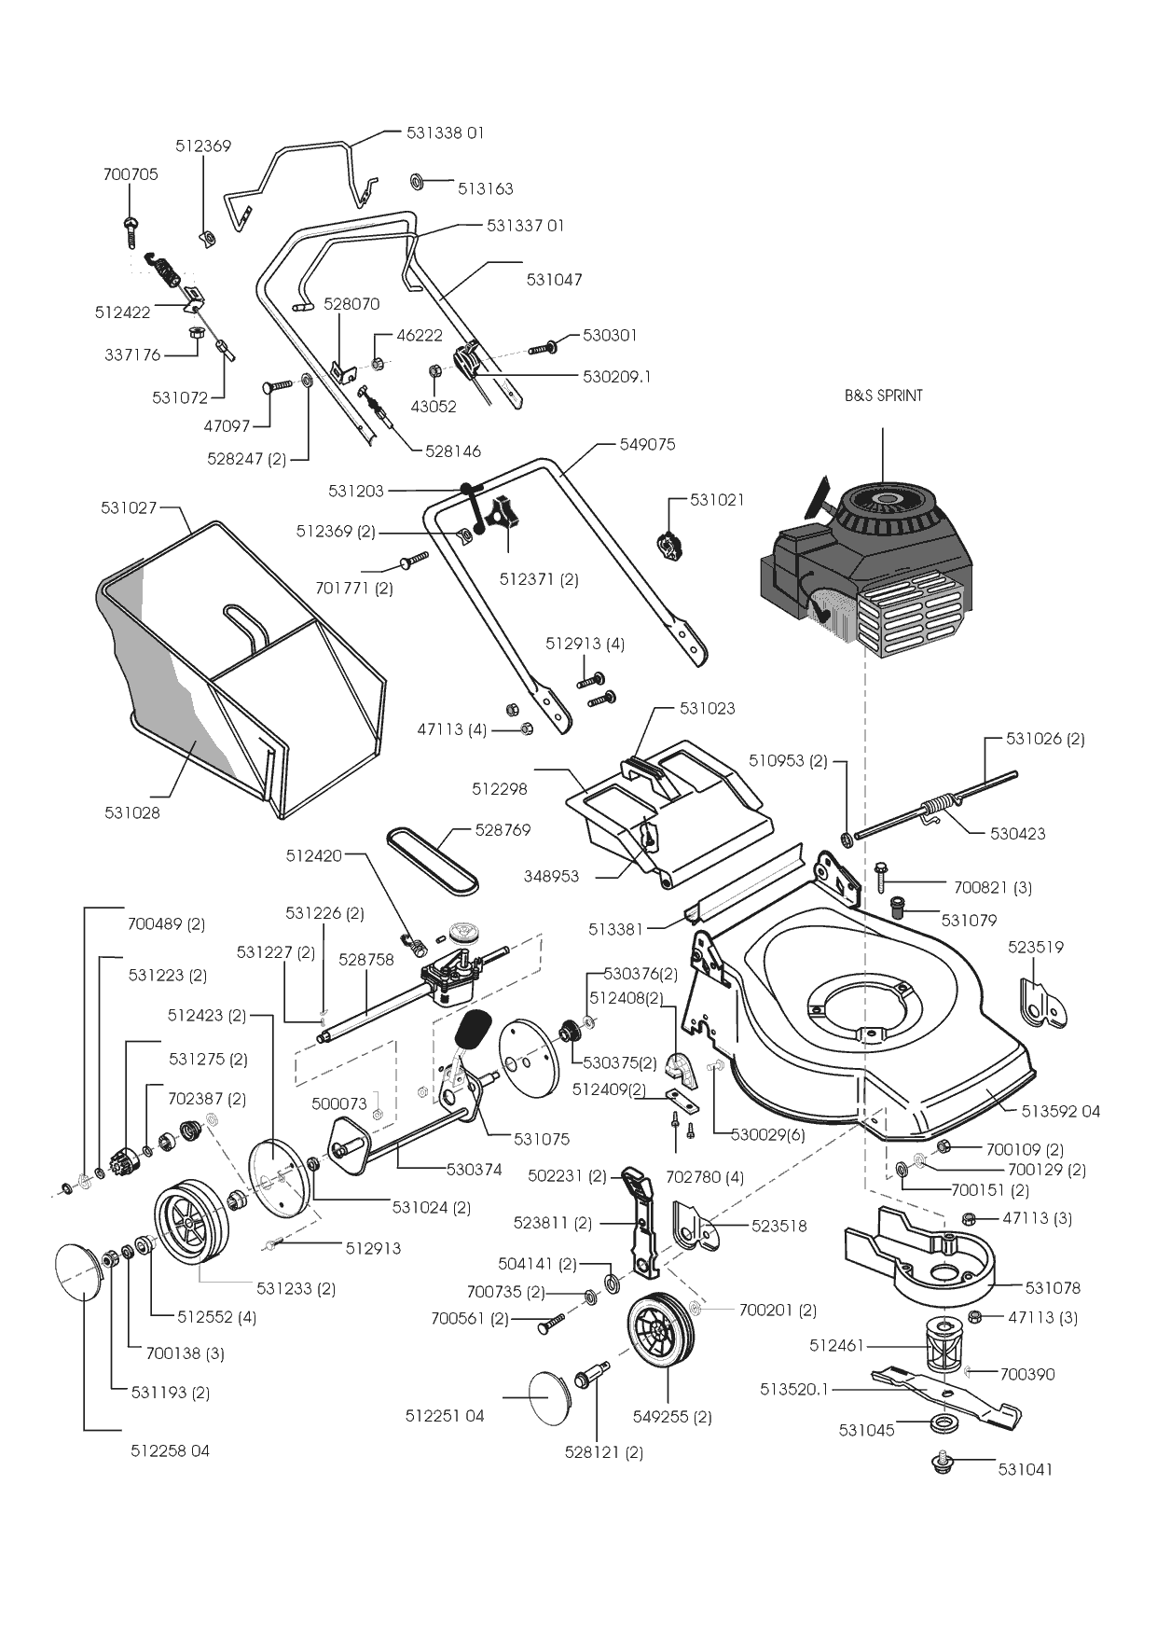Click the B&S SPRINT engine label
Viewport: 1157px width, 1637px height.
click(883, 395)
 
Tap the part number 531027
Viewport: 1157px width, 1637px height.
click(129, 507)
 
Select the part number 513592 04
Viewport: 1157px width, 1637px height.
click(1060, 1111)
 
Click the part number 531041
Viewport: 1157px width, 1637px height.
click(1025, 1469)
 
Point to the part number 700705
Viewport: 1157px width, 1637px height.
click(131, 174)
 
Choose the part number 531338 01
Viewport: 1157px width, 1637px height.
click(445, 133)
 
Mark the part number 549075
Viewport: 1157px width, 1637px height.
click(647, 445)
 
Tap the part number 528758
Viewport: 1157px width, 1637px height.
click(365, 959)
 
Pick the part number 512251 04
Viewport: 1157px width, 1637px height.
click(445, 1416)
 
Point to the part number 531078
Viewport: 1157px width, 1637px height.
click(1053, 1288)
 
